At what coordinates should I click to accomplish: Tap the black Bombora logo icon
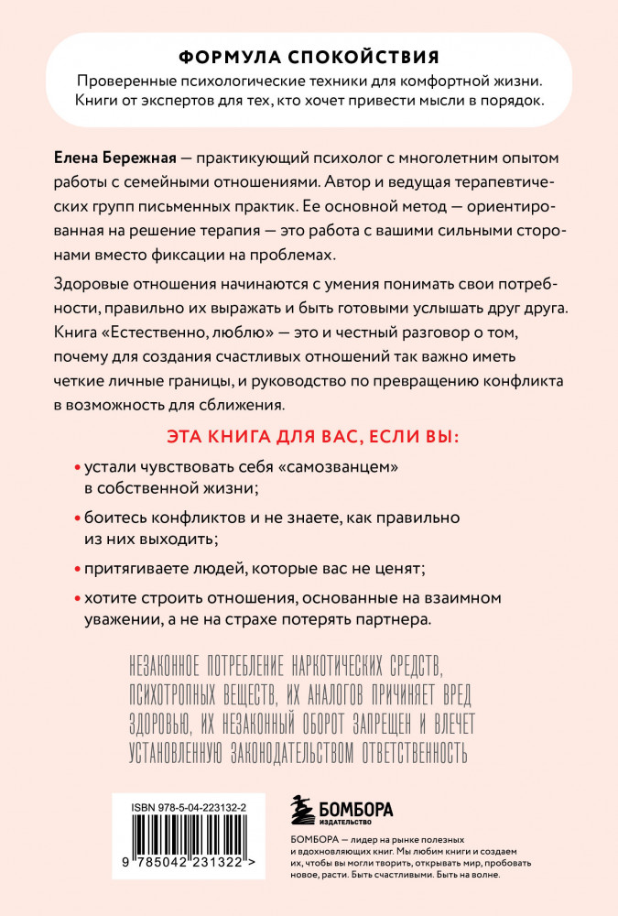(x=300, y=810)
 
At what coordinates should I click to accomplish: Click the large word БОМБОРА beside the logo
(x=356, y=808)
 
